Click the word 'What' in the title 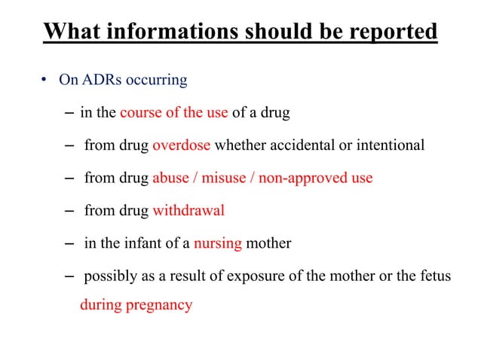coord(68,32)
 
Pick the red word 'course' coord(141,113)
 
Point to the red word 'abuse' coord(170,178)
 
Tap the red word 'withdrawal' coord(188,210)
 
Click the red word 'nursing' coord(218,243)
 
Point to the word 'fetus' coord(435,276)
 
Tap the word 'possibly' coord(109,276)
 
